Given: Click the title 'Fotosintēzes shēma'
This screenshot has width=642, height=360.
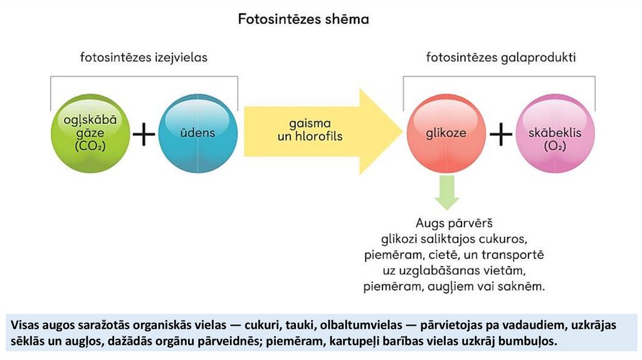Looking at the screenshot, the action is [x=303, y=19].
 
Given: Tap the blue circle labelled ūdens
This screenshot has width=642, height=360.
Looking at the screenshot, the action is [x=197, y=134].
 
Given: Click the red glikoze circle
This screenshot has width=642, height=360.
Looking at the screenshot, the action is [x=446, y=134].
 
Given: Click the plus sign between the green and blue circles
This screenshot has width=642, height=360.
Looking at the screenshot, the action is [x=144, y=134].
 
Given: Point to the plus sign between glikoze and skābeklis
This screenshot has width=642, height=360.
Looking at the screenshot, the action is [x=500, y=134].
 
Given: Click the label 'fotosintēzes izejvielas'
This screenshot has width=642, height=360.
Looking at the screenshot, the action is [x=144, y=58].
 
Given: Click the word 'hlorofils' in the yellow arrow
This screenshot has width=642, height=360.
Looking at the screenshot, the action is [x=318, y=135].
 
